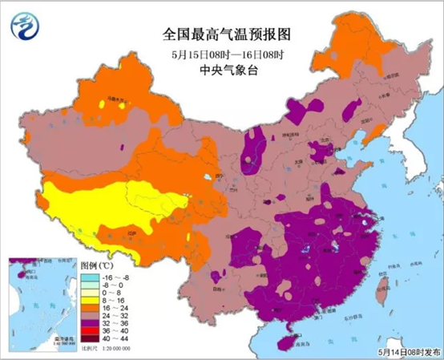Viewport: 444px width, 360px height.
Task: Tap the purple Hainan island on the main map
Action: coord(282,342)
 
